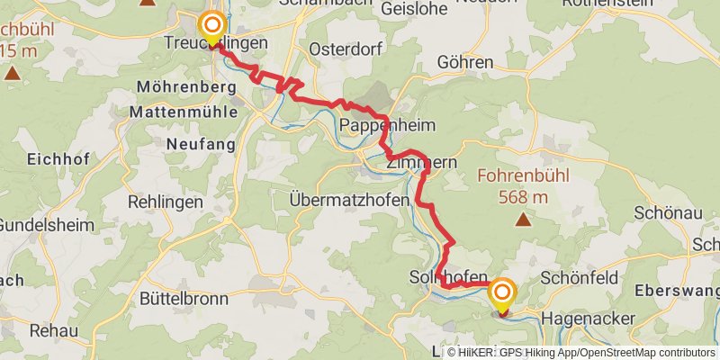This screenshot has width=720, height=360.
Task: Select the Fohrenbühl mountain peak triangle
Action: [x=522, y=218]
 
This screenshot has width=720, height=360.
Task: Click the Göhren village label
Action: [x=465, y=62]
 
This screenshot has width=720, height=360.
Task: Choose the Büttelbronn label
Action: [x=175, y=296]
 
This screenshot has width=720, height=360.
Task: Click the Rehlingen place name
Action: [x=166, y=202]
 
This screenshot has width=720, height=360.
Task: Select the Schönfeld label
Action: [x=581, y=278]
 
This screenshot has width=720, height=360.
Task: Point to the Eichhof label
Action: [x=55, y=159]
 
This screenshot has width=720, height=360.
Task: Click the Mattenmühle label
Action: [x=184, y=112]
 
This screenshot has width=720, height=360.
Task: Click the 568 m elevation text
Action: [x=522, y=194]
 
